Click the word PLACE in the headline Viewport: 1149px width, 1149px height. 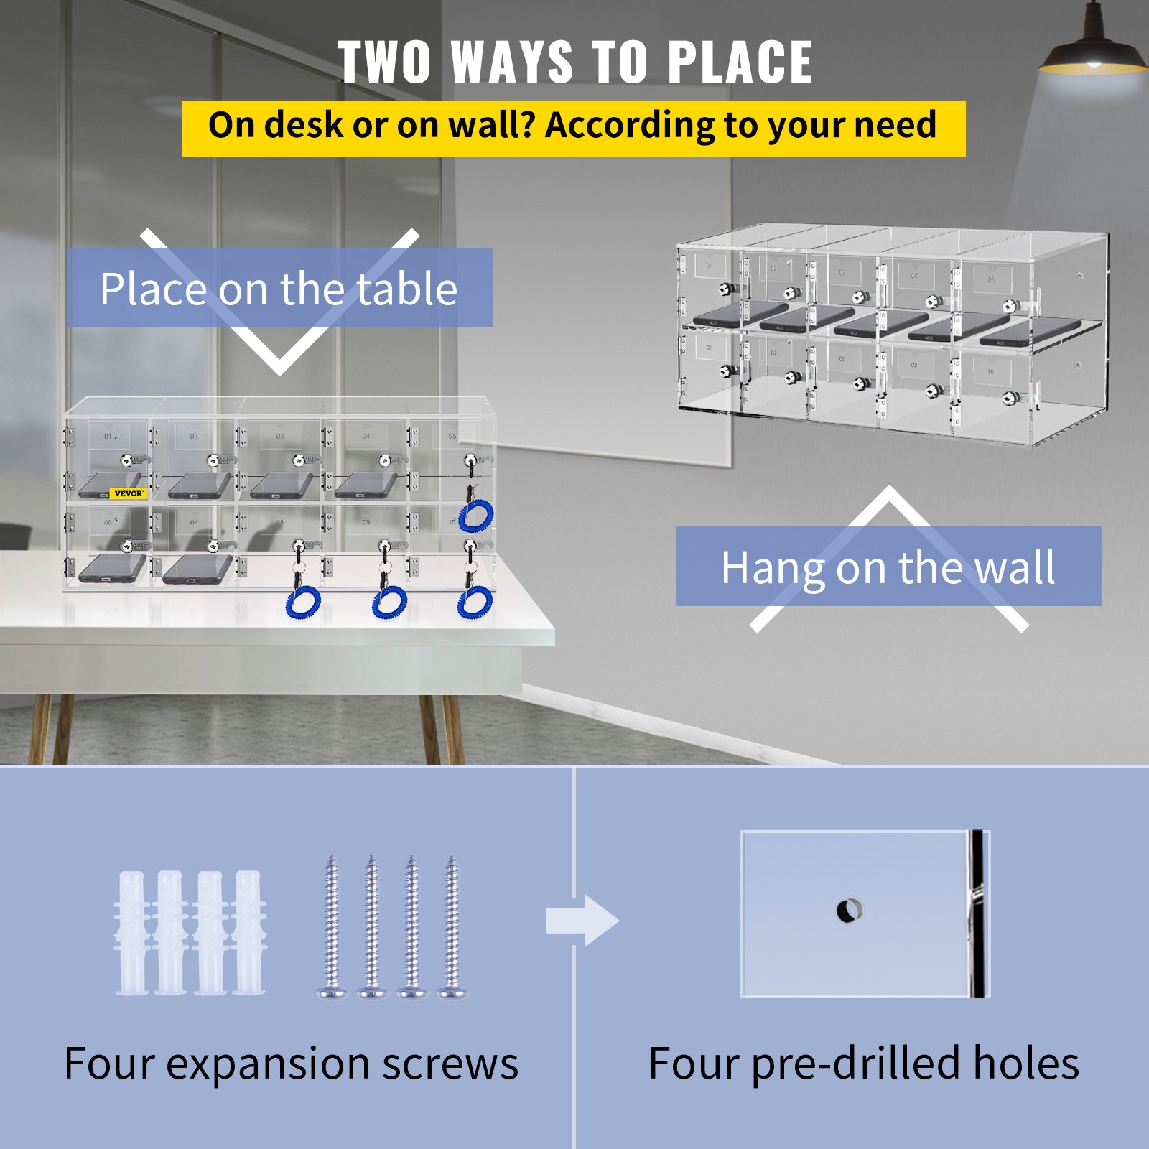pyautogui.click(x=740, y=62)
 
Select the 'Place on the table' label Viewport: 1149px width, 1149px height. pyautogui.click(x=279, y=289)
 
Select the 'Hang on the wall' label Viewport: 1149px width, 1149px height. pyautogui.click(x=888, y=567)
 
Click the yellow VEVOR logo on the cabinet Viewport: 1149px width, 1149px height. pyautogui.click(x=129, y=493)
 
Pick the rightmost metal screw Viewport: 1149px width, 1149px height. pyautogui.click(x=452, y=926)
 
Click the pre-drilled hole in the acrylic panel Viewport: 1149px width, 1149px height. pyautogui.click(x=849, y=911)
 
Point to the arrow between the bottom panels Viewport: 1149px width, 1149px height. pyautogui.click(x=582, y=920)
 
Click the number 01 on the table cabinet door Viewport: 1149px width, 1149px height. pyautogui.click(x=108, y=436)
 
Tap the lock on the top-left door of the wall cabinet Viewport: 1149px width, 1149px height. pyautogui.click(x=727, y=289)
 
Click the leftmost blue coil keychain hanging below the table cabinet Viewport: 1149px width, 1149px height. pyautogui.click(x=303, y=602)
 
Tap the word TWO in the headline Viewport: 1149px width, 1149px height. pyautogui.click(x=385, y=62)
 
